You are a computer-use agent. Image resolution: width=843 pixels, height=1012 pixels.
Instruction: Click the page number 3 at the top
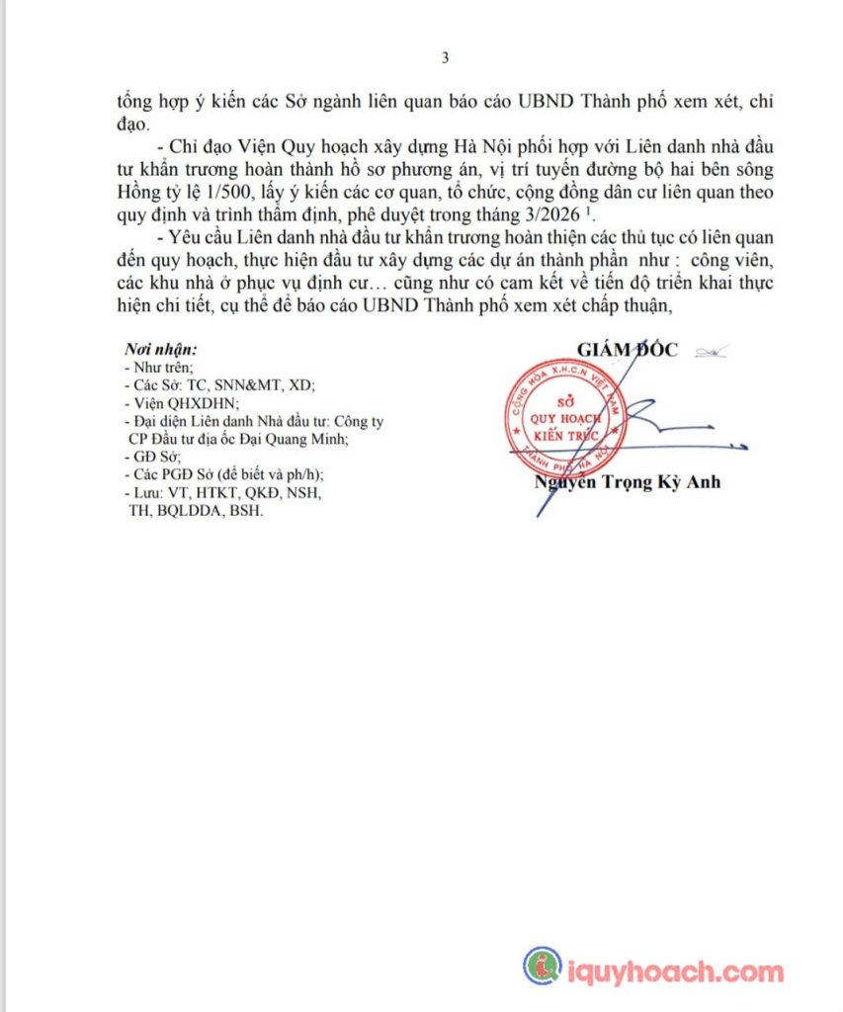[x=445, y=57]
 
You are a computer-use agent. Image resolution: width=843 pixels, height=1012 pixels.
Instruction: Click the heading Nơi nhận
[x=161, y=350]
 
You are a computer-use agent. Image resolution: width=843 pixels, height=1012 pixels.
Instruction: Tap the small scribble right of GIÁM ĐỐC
[x=709, y=350]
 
